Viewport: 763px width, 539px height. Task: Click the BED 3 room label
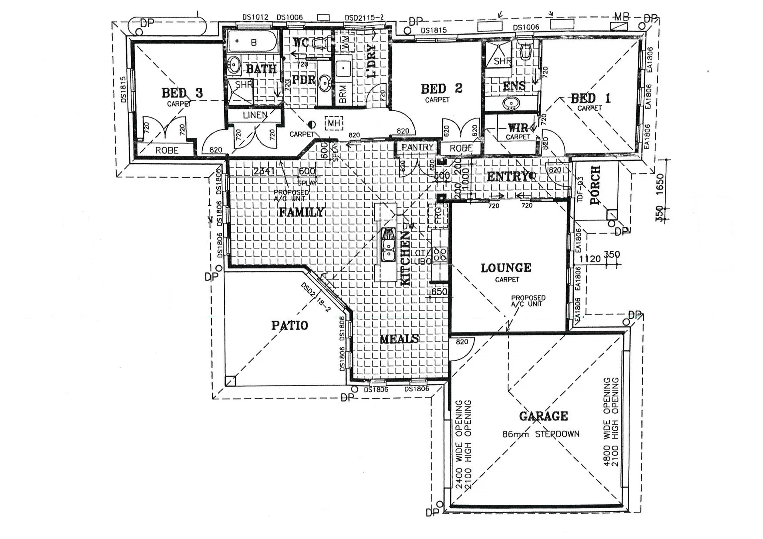182,93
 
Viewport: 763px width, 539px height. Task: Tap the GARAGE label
543,416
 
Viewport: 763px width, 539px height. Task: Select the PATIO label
290,325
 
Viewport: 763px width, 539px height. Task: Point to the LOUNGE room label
506,268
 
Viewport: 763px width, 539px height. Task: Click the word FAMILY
301,212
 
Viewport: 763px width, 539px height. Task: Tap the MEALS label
399,339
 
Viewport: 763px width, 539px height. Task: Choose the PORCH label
595,185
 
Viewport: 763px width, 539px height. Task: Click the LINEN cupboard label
255,115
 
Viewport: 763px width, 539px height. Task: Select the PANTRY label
417,147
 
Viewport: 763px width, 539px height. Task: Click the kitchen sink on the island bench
388,245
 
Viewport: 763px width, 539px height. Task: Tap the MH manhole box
333,123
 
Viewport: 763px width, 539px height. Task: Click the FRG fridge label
438,216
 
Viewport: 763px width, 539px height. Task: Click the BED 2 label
442,89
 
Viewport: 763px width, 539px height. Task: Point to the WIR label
518,128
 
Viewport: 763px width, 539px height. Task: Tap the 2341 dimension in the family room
264,171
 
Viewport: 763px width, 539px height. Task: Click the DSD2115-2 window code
364,18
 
